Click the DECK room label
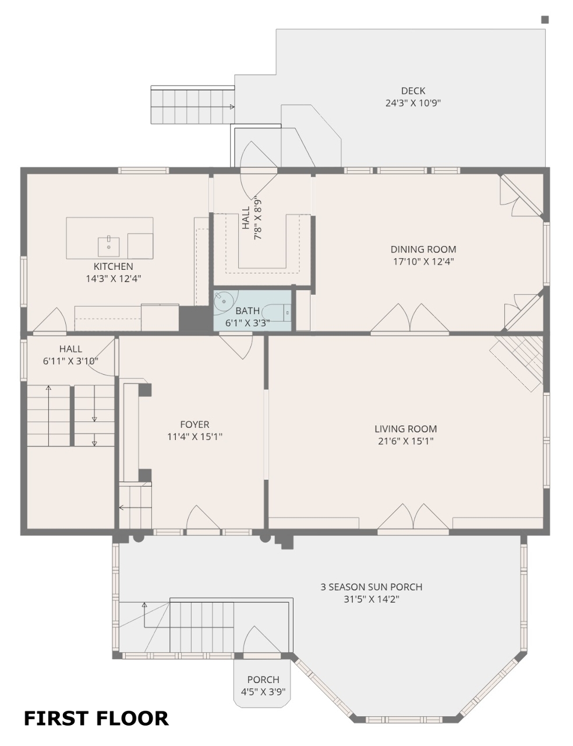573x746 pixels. point(413,91)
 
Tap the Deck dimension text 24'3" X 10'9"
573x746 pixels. point(413,103)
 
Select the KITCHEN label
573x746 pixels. point(113,266)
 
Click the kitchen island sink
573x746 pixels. point(109,246)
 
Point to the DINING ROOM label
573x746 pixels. point(423,249)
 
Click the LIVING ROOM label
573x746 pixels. point(406,429)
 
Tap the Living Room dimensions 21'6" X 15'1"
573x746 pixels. point(406,441)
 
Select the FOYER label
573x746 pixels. point(194,425)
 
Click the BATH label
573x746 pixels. point(247,311)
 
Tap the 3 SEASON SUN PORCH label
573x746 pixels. point(372,587)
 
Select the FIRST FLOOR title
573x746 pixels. point(96,719)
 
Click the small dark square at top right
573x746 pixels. point(545,20)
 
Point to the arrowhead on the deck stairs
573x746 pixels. point(232,107)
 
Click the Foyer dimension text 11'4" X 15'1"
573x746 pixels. point(194,437)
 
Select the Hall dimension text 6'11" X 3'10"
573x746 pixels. point(70,361)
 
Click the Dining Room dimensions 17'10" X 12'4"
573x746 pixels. point(423,262)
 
